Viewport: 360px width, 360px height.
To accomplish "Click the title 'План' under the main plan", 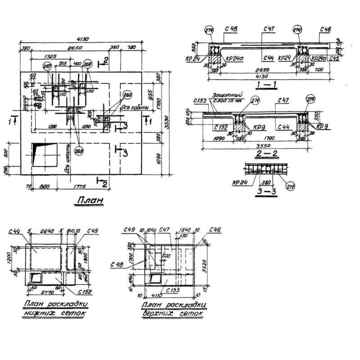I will point(89,200).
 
